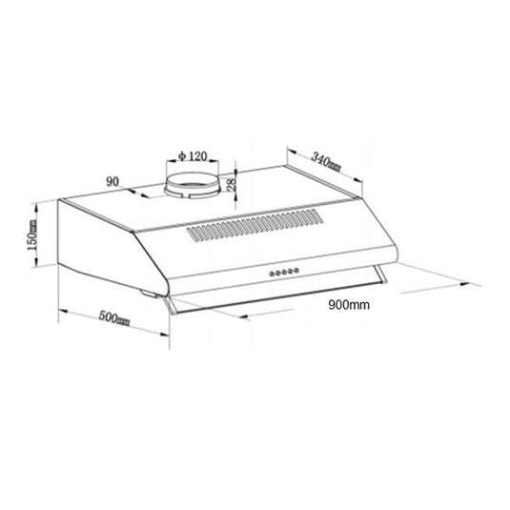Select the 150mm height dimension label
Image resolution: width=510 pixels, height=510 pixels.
pos(31,232)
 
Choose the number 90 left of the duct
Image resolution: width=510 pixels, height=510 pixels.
pos(112,180)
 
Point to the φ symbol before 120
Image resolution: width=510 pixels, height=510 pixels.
pos(181,155)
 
